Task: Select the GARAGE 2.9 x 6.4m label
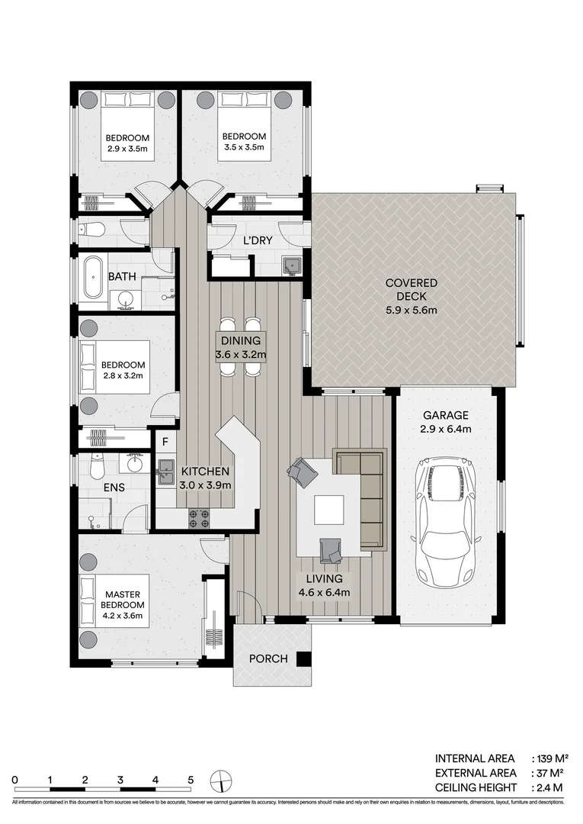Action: point(447,422)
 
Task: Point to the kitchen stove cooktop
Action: point(200,518)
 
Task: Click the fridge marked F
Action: point(163,442)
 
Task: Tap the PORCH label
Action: point(268,658)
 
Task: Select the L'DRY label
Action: point(259,240)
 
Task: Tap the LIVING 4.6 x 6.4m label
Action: point(325,585)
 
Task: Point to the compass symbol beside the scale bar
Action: point(220,781)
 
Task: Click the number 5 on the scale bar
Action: point(191,780)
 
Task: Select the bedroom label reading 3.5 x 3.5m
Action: point(244,142)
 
